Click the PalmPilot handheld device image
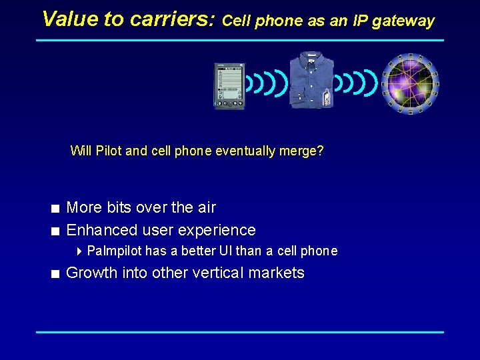(x=229, y=85)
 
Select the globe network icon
(x=411, y=84)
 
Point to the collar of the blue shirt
(x=311, y=58)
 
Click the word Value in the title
(x=70, y=19)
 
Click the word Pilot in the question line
(x=109, y=151)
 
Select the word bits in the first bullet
(x=117, y=208)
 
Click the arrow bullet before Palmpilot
(x=79, y=251)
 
